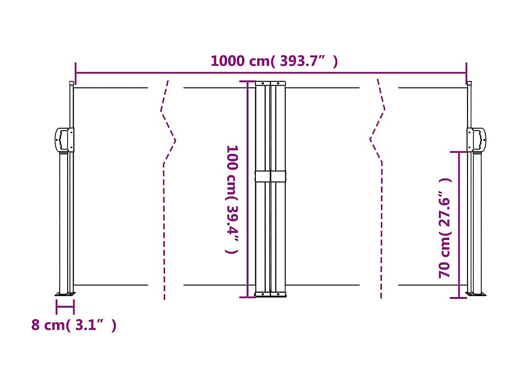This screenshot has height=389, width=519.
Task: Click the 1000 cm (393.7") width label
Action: pos(274,61)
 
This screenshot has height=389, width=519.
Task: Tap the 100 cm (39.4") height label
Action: pos(232,199)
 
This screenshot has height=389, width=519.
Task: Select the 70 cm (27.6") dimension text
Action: pos(445,228)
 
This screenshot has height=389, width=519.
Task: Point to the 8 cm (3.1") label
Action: pos(74,325)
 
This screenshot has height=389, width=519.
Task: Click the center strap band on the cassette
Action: pos(271,177)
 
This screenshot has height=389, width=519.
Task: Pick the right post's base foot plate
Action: pos(476,294)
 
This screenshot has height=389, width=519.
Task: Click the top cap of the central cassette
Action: pos(271,83)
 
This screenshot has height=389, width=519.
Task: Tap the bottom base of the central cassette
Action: pos(271,294)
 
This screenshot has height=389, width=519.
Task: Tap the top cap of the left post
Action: pos(71,83)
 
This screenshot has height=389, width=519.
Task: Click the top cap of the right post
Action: pos(469,83)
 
